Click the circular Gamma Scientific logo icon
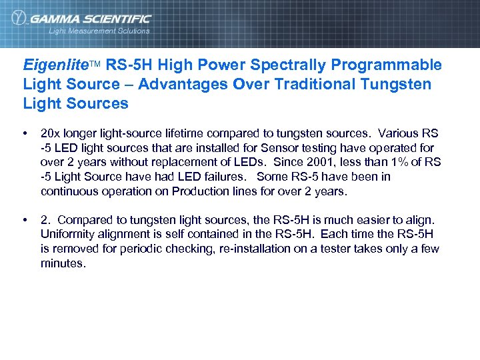(19, 19)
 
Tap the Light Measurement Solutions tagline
(99, 31)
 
